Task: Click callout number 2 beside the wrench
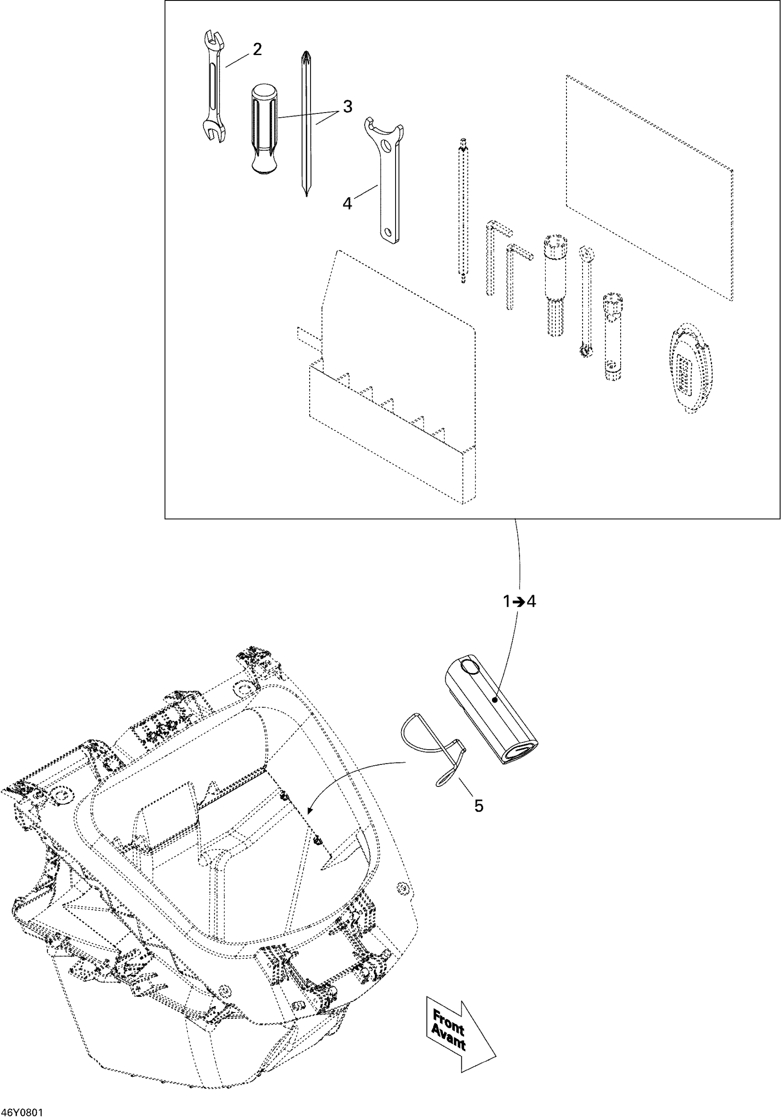(x=257, y=49)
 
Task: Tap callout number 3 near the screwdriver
(x=347, y=106)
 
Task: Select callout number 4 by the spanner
(x=347, y=204)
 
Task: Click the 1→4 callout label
(x=520, y=602)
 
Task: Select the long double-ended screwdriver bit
(x=306, y=124)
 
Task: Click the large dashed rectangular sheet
(x=649, y=188)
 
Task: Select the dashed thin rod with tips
(x=463, y=210)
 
